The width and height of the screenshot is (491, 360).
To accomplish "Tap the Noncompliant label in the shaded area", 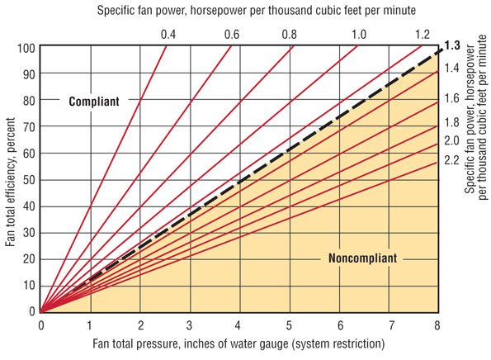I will coord(361,258).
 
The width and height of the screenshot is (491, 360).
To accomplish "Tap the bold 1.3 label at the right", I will coord(451,45).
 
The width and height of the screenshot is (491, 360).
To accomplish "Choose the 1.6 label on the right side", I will coord(451,97).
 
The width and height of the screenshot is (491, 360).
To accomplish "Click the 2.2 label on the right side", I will coord(451,159).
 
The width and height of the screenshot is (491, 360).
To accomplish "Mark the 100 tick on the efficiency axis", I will coord(26,47).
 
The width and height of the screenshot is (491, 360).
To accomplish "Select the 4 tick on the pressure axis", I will coord(239,324).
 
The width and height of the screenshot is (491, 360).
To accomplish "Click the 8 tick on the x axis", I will coord(437,324).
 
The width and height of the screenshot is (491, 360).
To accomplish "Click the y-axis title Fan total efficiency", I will coord(11,178).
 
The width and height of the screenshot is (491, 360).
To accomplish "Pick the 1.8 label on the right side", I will coord(451,122).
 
